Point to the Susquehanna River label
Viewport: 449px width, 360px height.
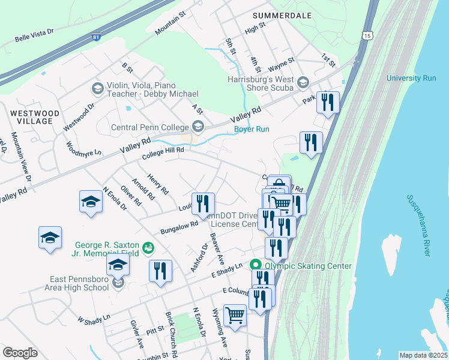click(x=418, y=225)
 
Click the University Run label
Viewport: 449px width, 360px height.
click(x=411, y=78)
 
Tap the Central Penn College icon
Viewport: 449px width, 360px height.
click(x=197, y=127)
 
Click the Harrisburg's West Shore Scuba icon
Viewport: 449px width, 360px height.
click(x=303, y=83)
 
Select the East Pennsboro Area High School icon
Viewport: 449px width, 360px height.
click(x=118, y=283)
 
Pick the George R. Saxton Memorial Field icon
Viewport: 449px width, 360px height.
click(x=148, y=247)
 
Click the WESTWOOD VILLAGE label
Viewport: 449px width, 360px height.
click(x=35, y=117)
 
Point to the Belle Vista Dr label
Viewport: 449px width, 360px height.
click(x=34, y=35)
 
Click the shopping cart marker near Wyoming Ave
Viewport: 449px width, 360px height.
click(x=235, y=314)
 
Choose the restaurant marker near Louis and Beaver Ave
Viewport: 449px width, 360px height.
click(x=203, y=203)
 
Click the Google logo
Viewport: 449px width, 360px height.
click(x=20, y=353)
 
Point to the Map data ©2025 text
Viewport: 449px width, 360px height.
click(x=423, y=355)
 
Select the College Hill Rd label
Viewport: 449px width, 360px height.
click(x=162, y=155)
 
